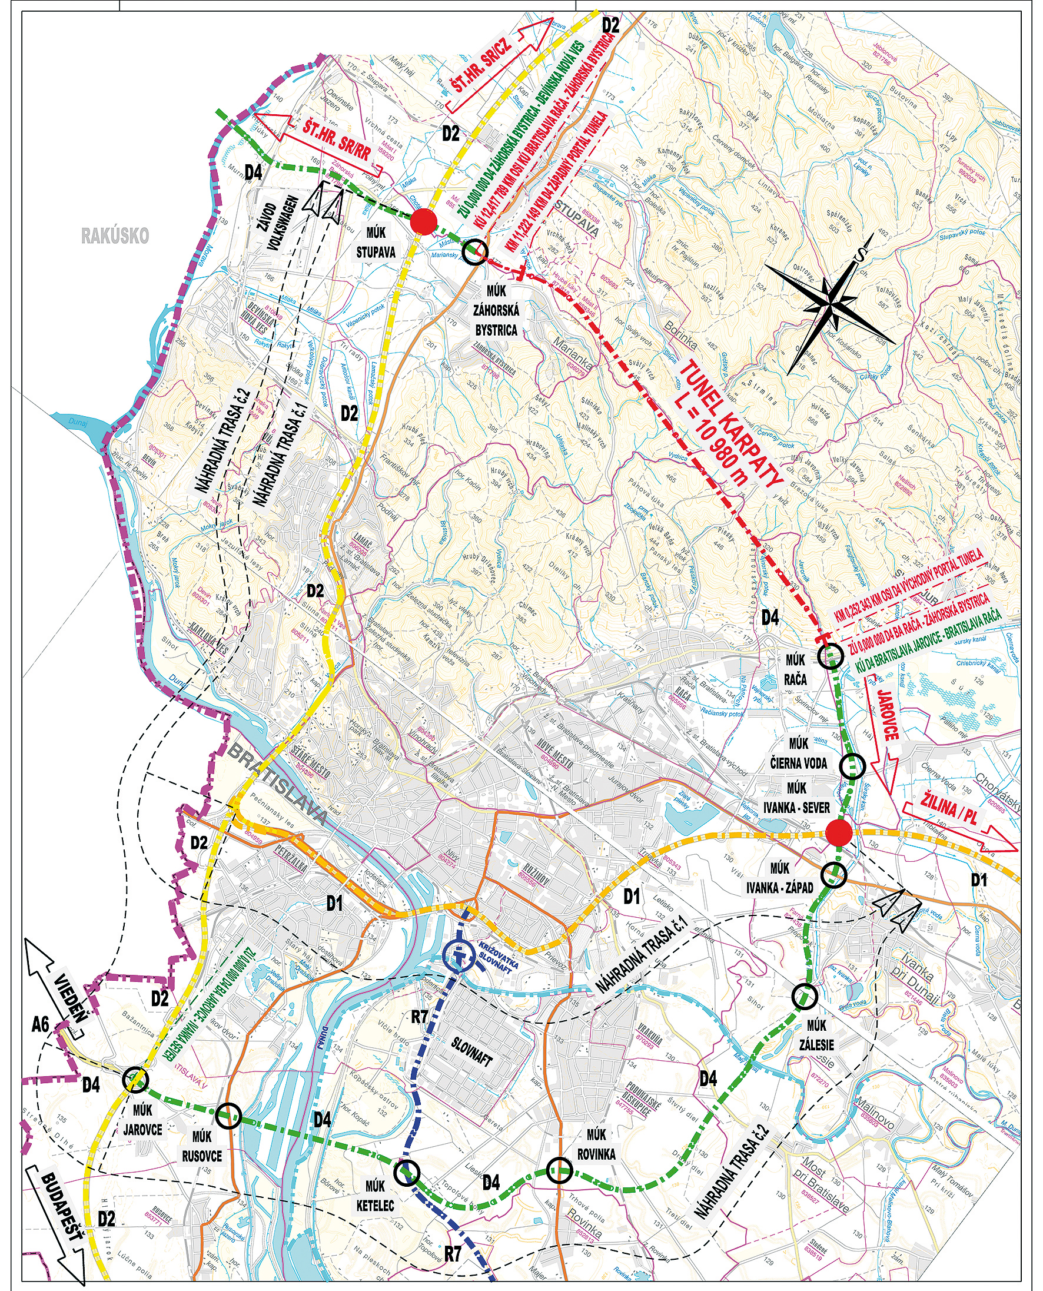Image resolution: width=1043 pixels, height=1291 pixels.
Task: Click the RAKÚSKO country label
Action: (115, 235)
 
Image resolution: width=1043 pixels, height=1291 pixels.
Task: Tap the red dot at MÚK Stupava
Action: (423, 222)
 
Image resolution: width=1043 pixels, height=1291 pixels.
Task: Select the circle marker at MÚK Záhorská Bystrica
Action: (474, 251)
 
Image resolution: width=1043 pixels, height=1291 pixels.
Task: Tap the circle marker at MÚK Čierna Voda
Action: (852, 765)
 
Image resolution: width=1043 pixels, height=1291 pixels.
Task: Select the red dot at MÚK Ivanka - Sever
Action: (839, 833)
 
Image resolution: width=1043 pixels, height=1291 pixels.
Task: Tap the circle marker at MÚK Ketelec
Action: (406, 1172)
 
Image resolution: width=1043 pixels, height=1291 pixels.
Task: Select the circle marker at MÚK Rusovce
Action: (229, 1116)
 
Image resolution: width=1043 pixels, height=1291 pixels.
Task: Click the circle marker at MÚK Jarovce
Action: (135, 1079)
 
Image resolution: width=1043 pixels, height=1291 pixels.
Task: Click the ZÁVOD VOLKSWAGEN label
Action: (277, 226)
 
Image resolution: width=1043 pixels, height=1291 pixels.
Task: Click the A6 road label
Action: (41, 1025)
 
